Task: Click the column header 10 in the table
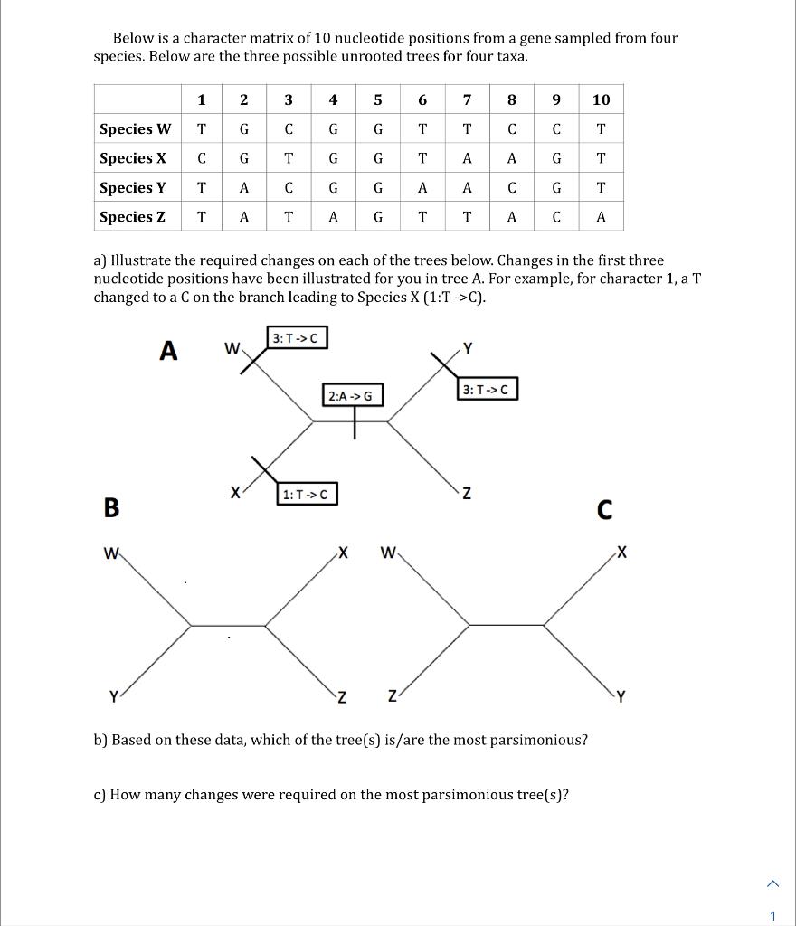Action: tap(601, 99)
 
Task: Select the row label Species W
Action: tap(136, 128)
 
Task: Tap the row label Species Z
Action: tap(132, 216)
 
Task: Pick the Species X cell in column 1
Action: tap(201, 158)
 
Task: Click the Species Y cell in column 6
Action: tap(422, 187)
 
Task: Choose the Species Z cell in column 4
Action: tap(333, 216)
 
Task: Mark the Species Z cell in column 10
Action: tap(601, 216)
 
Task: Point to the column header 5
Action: tap(378, 99)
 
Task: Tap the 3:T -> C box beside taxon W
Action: tap(297, 338)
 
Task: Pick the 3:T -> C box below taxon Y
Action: tap(488, 390)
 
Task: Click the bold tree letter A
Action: tap(168, 351)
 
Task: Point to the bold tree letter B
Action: tap(111, 508)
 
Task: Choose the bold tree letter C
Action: tap(604, 512)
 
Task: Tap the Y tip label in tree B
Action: tap(113, 696)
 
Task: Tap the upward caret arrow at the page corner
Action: tap(773, 883)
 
